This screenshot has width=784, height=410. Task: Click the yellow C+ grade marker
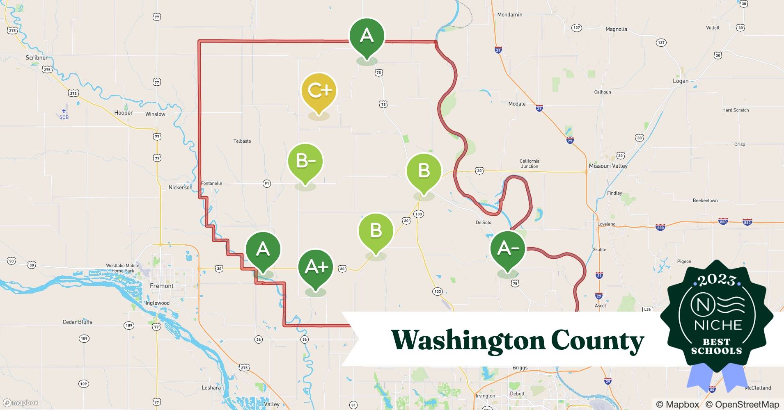[319, 91]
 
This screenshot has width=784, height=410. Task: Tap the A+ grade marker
[316, 267]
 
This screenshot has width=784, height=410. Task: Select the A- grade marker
[508, 248]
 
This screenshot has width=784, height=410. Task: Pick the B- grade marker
[305, 161]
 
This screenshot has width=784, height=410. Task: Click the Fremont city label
[161, 286]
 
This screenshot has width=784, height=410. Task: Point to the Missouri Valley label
[608, 166]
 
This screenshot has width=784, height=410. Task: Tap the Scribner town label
[37, 58]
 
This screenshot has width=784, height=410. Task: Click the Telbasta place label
[242, 141]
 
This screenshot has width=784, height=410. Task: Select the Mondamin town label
[509, 15]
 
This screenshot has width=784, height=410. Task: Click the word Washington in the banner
[468, 340]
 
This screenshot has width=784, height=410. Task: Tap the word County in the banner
[597, 340]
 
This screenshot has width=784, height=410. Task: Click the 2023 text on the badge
[717, 280]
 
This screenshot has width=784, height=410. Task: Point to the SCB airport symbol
[64, 111]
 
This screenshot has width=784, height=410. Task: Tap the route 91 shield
[267, 184]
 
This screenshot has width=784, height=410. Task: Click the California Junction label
[529, 164]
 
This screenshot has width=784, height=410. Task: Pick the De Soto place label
[483, 223]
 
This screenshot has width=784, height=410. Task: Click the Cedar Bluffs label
[77, 322]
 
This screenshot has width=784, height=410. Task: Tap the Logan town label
[680, 81]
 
